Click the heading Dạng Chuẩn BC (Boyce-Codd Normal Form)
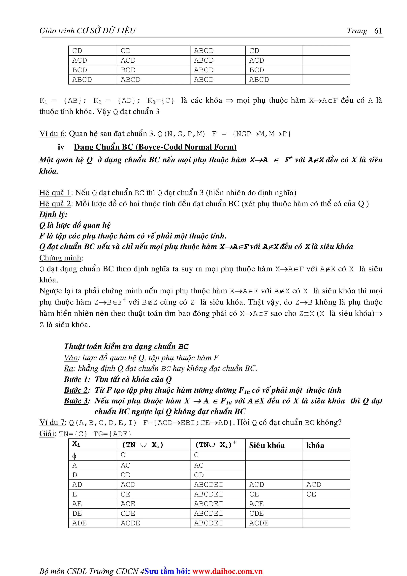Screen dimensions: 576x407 point(155,147)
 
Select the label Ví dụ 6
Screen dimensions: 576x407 point(52,134)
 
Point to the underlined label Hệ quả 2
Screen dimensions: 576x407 point(55,204)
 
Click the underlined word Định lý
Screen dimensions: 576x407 point(53,214)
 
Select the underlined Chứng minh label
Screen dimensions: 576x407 point(60,258)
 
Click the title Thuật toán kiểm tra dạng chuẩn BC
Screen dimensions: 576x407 point(126,346)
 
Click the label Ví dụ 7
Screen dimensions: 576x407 point(52,423)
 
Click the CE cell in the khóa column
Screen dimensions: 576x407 point(311,494)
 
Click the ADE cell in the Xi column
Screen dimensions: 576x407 point(79,523)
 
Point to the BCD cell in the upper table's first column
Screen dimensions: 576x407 point(79,70)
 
